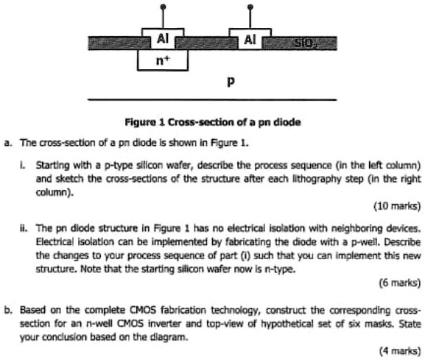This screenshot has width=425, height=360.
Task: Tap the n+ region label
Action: point(163,60)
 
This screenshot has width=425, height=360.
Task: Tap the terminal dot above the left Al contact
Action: point(163,6)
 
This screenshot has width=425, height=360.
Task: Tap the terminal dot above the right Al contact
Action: point(250,6)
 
